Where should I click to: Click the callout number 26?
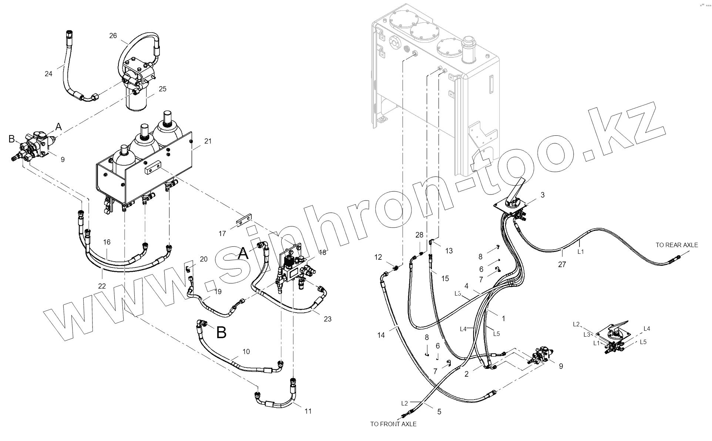pyautogui.click(x=113, y=36)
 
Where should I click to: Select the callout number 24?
pyautogui.click(x=48, y=74)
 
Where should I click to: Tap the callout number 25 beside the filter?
pyautogui.click(x=162, y=89)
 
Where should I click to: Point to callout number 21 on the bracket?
pyautogui.click(x=208, y=141)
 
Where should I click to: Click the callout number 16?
pyautogui.click(x=107, y=242)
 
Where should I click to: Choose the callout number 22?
pyautogui.click(x=102, y=286)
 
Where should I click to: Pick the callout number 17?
pyautogui.click(x=222, y=233)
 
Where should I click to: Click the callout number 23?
pyautogui.click(x=328, y=319)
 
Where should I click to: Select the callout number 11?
pyautogui.click(x=308, y=411)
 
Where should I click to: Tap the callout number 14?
pyautogui.click(x=381, y=335)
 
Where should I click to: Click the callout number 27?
pyautogui.click(x=562, y=265)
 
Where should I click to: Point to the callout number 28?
pyautogui.click(x=419, y=235)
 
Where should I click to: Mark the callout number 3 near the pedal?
pyautogui.click(x=543, y=195)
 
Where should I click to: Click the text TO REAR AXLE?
pyautogui.click(x=676, y=245)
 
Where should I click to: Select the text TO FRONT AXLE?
pyautogui.click(x=393, y=424)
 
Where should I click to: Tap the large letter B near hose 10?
pyautogui.click(x=221, y=332)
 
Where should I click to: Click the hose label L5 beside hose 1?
pyautogui.click(x=496, y=334)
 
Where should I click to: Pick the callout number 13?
pyautogui.click(x=449, y=251)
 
